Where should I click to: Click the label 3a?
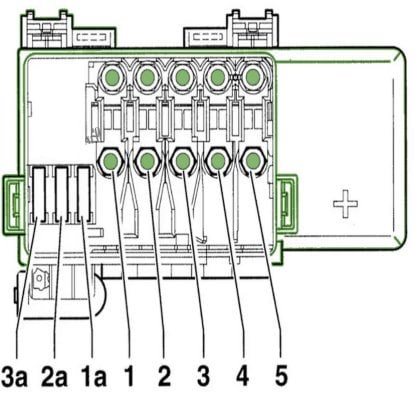pos(14,377)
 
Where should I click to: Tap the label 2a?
pos(54,377)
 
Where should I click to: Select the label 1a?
pos(94,377)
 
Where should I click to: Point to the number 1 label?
pos(129,377)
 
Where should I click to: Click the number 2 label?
pos(164,377)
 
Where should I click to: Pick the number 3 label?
pos(204,377)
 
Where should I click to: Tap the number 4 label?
pos(243,377)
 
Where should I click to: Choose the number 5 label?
pos(281,377)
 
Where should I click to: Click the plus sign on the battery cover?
pos(346,204)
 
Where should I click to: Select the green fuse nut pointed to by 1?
pos(111,161)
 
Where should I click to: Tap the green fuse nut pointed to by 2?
pos(147,161)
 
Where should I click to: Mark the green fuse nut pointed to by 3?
pos(182,161)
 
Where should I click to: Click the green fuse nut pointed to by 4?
pos(218,161)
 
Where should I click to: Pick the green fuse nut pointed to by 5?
pos(252,161)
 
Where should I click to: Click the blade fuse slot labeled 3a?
pos(38,194)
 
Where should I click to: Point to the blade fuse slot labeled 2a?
pos(61,194)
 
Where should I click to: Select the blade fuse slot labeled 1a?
pos(83,194)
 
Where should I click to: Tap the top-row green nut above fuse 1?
pos(112,77)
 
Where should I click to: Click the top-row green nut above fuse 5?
pos(252,77)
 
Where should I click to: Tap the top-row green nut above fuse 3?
pos(182,77)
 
